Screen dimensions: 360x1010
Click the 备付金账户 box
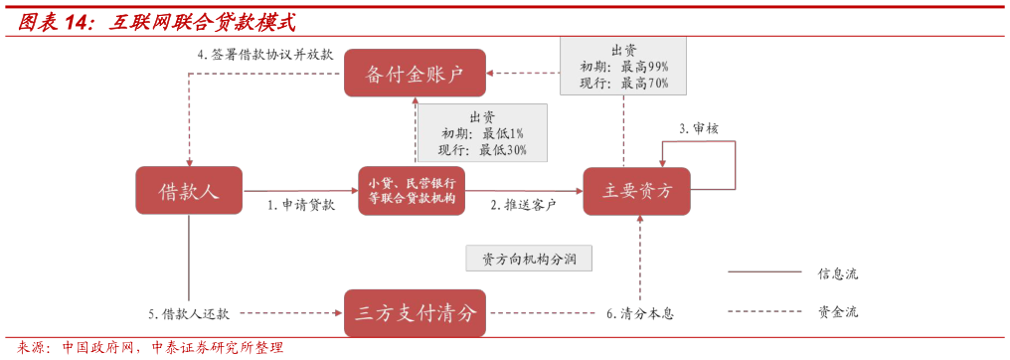(415, 73)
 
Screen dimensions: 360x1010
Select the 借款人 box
(189, 190)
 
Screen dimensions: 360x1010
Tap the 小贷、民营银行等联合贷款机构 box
(412, 190)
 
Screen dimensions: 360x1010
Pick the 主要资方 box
(636, 190)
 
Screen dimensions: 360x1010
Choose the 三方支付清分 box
(415, 313)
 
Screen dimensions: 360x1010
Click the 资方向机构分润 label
(529, 260)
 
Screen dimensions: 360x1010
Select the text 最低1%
(503, 133)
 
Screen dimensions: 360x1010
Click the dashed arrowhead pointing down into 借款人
(189, 160)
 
